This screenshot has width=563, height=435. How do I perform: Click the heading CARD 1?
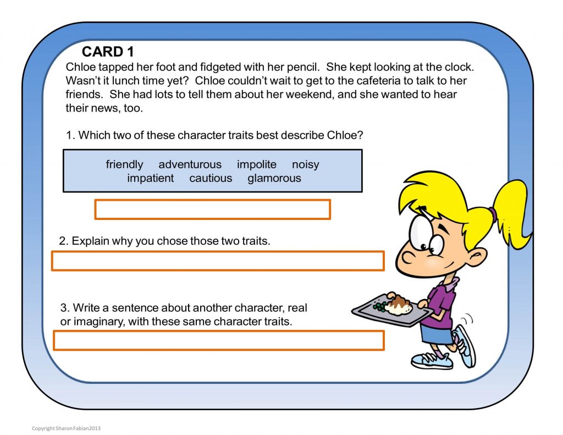(108, 52)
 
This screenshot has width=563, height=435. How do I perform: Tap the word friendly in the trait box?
(124, 164)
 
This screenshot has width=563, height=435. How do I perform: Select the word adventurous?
(190, 164)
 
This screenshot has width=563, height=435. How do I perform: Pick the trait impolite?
(257, 164)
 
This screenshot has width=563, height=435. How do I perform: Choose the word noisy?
(305, 164)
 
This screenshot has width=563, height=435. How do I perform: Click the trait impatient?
(150, 178)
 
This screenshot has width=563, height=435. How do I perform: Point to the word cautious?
(211, 178)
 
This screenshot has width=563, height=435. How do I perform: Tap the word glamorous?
(274, 178)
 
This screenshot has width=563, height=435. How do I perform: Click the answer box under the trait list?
(212, 210)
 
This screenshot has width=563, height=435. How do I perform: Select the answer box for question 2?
(217, 261)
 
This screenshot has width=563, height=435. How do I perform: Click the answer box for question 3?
(218, 340)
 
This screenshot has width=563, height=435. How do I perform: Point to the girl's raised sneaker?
(465, 344)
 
